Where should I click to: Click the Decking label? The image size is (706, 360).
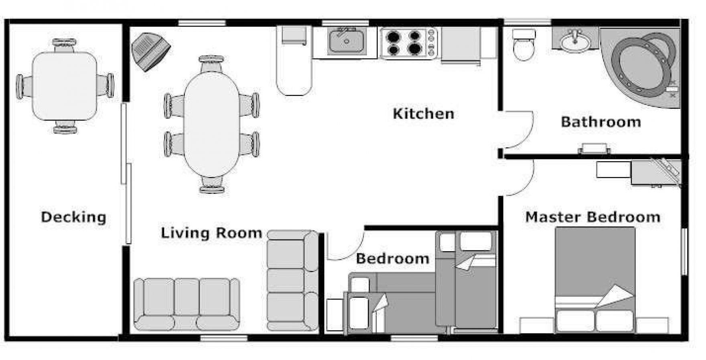point(73,217)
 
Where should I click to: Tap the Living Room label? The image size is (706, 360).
point(211,233)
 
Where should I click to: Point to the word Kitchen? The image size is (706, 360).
point(423,114)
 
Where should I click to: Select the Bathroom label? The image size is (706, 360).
point(601,122)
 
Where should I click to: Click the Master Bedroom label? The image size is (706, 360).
point(592,217)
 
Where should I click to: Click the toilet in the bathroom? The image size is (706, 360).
point(524,45)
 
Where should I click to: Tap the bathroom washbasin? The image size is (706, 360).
point(575,41)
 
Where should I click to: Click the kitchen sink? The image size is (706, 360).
point(346,41)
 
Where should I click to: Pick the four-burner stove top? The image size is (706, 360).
point(408,43)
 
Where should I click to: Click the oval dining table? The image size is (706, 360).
point(212,124)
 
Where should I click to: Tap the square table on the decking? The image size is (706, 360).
point(65,86)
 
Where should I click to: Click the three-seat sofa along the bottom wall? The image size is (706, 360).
point(187,304)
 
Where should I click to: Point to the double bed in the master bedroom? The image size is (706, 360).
point(595,280)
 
